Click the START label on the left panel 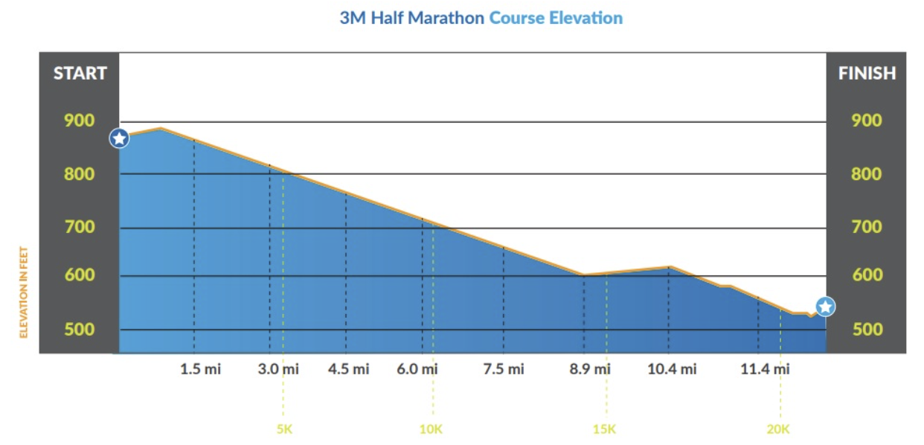(x=80, y=74)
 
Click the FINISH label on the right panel (x=867, y=74)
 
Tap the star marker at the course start (x=119, y=138)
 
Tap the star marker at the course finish (x=825, y=306)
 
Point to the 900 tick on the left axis (x=80, y=121)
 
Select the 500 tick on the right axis (x=867, y=330)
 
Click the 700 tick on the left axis (x=80, y=227)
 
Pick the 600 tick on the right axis (x=867, y=275)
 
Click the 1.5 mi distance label (x=200, y=369)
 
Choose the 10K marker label (x=431, y=429)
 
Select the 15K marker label (x=604, y=429)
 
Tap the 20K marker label (x=778, y=429)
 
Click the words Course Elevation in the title (x=555, y=19)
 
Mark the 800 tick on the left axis (x=80, y=174)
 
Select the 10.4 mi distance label (x=672, y=369)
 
